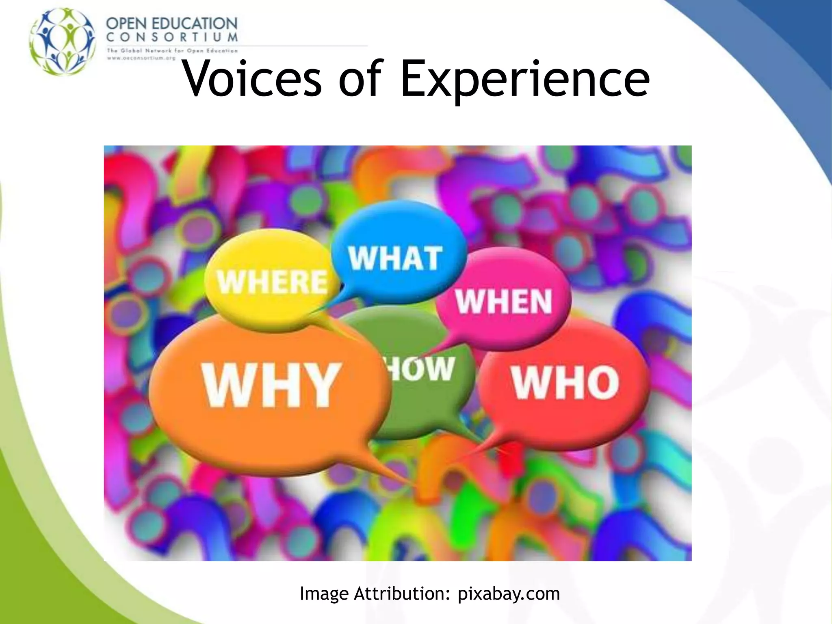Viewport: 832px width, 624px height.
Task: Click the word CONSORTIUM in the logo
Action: (171, 37)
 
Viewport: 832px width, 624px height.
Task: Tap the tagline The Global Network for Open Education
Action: (172, 51)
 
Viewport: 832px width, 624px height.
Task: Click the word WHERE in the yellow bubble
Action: (272, 282)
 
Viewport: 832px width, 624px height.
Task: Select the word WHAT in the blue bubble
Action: (395, 258)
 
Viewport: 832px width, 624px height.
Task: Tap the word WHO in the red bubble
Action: (565, 382)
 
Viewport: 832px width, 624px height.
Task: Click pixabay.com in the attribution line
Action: (509, 594)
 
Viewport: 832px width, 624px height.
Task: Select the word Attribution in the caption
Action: (402, 594)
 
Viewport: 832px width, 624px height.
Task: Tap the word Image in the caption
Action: (324, 594)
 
